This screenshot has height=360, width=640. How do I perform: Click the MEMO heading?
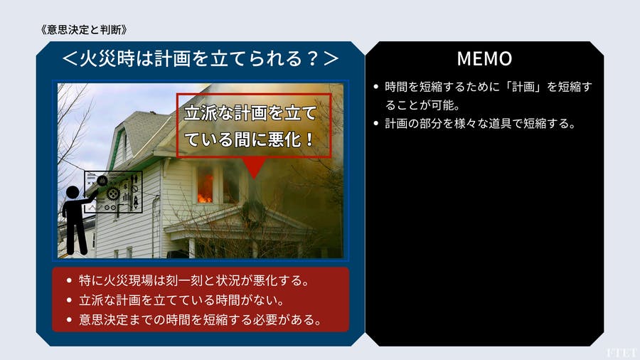click(x=484, y=58)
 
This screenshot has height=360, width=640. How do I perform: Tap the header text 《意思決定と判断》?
click(x=84, y=29)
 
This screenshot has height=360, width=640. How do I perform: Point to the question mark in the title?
click(x=313, y=58)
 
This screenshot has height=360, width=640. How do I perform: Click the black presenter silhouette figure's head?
click(x=73, y=193)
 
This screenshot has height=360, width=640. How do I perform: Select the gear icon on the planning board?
click(x=113, y=194)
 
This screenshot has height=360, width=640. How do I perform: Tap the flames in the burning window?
click(x=205, y=190)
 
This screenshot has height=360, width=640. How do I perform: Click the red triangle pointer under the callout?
click(x=253, y=168)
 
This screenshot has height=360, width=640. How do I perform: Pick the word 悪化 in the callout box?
click(x=284, y=139)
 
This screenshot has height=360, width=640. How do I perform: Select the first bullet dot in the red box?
click(x=69, y=280)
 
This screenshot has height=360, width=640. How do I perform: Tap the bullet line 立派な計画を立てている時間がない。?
click(x=181, y=300)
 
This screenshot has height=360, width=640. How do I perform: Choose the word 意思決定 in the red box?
click(x=103, y=319)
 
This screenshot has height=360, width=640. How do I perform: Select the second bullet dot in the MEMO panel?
click(x=376, y=123)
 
